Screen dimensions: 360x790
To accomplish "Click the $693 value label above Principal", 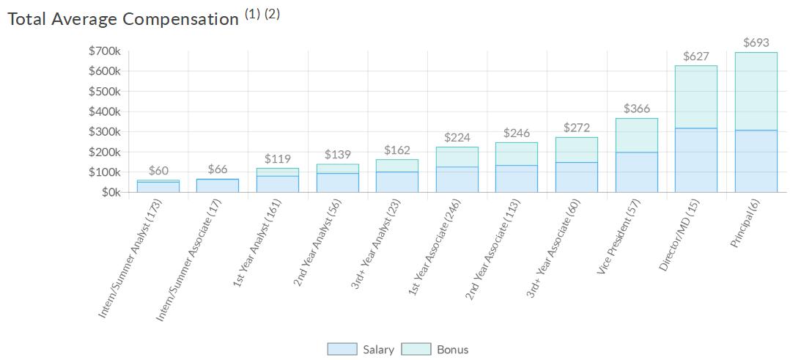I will [756, 43].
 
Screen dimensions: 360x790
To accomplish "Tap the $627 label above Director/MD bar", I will [695, 56].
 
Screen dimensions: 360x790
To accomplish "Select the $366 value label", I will [636, 109].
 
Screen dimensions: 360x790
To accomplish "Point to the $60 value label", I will [158, 170].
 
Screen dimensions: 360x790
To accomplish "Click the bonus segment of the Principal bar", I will [756, 91].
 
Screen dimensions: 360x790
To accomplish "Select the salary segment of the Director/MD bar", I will [695, 160].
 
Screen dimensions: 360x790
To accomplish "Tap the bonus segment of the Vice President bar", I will [636, 135].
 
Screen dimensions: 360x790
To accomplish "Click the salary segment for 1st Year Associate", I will [457, 179].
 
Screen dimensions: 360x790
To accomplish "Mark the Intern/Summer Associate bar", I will [218, 185].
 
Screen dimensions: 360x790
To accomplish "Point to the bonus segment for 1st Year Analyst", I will [277, 172].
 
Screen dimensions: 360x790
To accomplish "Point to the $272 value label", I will [576, 128].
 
